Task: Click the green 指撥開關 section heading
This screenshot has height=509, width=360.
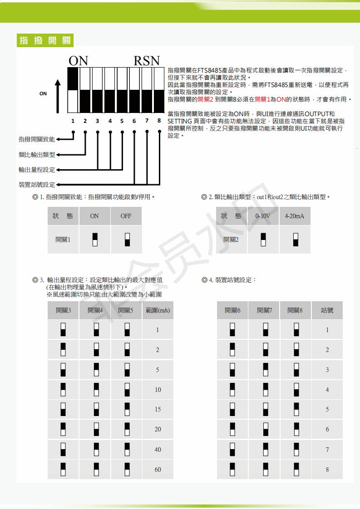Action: pos(45,40)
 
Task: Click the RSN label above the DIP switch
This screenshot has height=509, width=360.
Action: pos(147,61)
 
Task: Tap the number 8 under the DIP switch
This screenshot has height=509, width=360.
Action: pos(159,121)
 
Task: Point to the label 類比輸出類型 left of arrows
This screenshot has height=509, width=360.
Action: pos(37,155)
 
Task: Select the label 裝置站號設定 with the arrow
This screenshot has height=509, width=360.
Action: pos(37,185)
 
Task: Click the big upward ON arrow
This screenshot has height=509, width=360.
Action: pos(58,96)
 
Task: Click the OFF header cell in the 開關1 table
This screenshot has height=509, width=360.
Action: pos(126,216)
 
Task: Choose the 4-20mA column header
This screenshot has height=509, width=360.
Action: pos(295,216)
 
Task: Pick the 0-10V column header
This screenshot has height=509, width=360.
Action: pos(263,216)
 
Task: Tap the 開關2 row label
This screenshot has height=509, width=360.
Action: pos(231,240)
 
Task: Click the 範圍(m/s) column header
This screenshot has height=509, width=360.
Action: pos(158,310)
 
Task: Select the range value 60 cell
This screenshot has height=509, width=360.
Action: pos(158,470)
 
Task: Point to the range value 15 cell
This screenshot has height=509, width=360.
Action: pos(158,409)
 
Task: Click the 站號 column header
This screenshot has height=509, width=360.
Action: pos(327,310)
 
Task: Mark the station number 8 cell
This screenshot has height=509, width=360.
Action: pos(327,470)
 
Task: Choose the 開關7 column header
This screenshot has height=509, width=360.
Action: pos(264,310)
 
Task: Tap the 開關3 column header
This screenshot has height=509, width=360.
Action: pos(64,310)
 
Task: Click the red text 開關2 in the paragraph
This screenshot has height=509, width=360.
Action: pos(206,99)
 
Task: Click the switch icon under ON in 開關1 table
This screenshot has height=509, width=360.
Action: pos(94,240)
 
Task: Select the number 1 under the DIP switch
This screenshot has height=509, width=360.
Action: pos(73,121)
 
